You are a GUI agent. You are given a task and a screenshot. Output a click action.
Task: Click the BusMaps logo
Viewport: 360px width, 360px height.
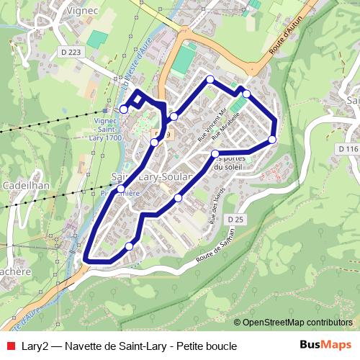point(325,345)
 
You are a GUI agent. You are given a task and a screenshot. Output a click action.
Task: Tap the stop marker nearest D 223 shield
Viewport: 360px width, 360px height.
point(124,109)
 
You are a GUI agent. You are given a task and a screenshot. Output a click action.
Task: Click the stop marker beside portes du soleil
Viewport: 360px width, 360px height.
point(215,153)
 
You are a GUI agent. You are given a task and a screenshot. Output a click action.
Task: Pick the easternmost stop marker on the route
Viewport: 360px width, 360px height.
point(272,139)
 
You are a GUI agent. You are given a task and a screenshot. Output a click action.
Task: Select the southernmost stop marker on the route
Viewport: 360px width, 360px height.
point(129,247)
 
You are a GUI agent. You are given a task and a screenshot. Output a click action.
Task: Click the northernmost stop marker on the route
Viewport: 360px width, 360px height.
point(210,79)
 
